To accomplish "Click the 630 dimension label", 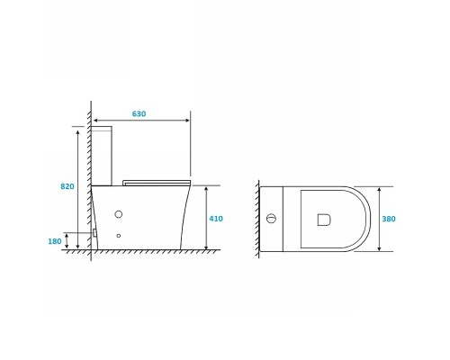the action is (139, 113).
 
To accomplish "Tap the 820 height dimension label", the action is (67, 186).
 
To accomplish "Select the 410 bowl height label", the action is (216, 219).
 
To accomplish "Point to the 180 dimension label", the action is (55, 241).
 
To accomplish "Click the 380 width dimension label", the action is (389, 219).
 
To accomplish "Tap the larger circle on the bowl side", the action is (119, 214).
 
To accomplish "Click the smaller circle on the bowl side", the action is (119, 236).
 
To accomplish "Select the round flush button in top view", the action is (271, 219).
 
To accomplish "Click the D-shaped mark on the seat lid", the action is (324, 220).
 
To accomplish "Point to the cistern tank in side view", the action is (102, 156).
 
